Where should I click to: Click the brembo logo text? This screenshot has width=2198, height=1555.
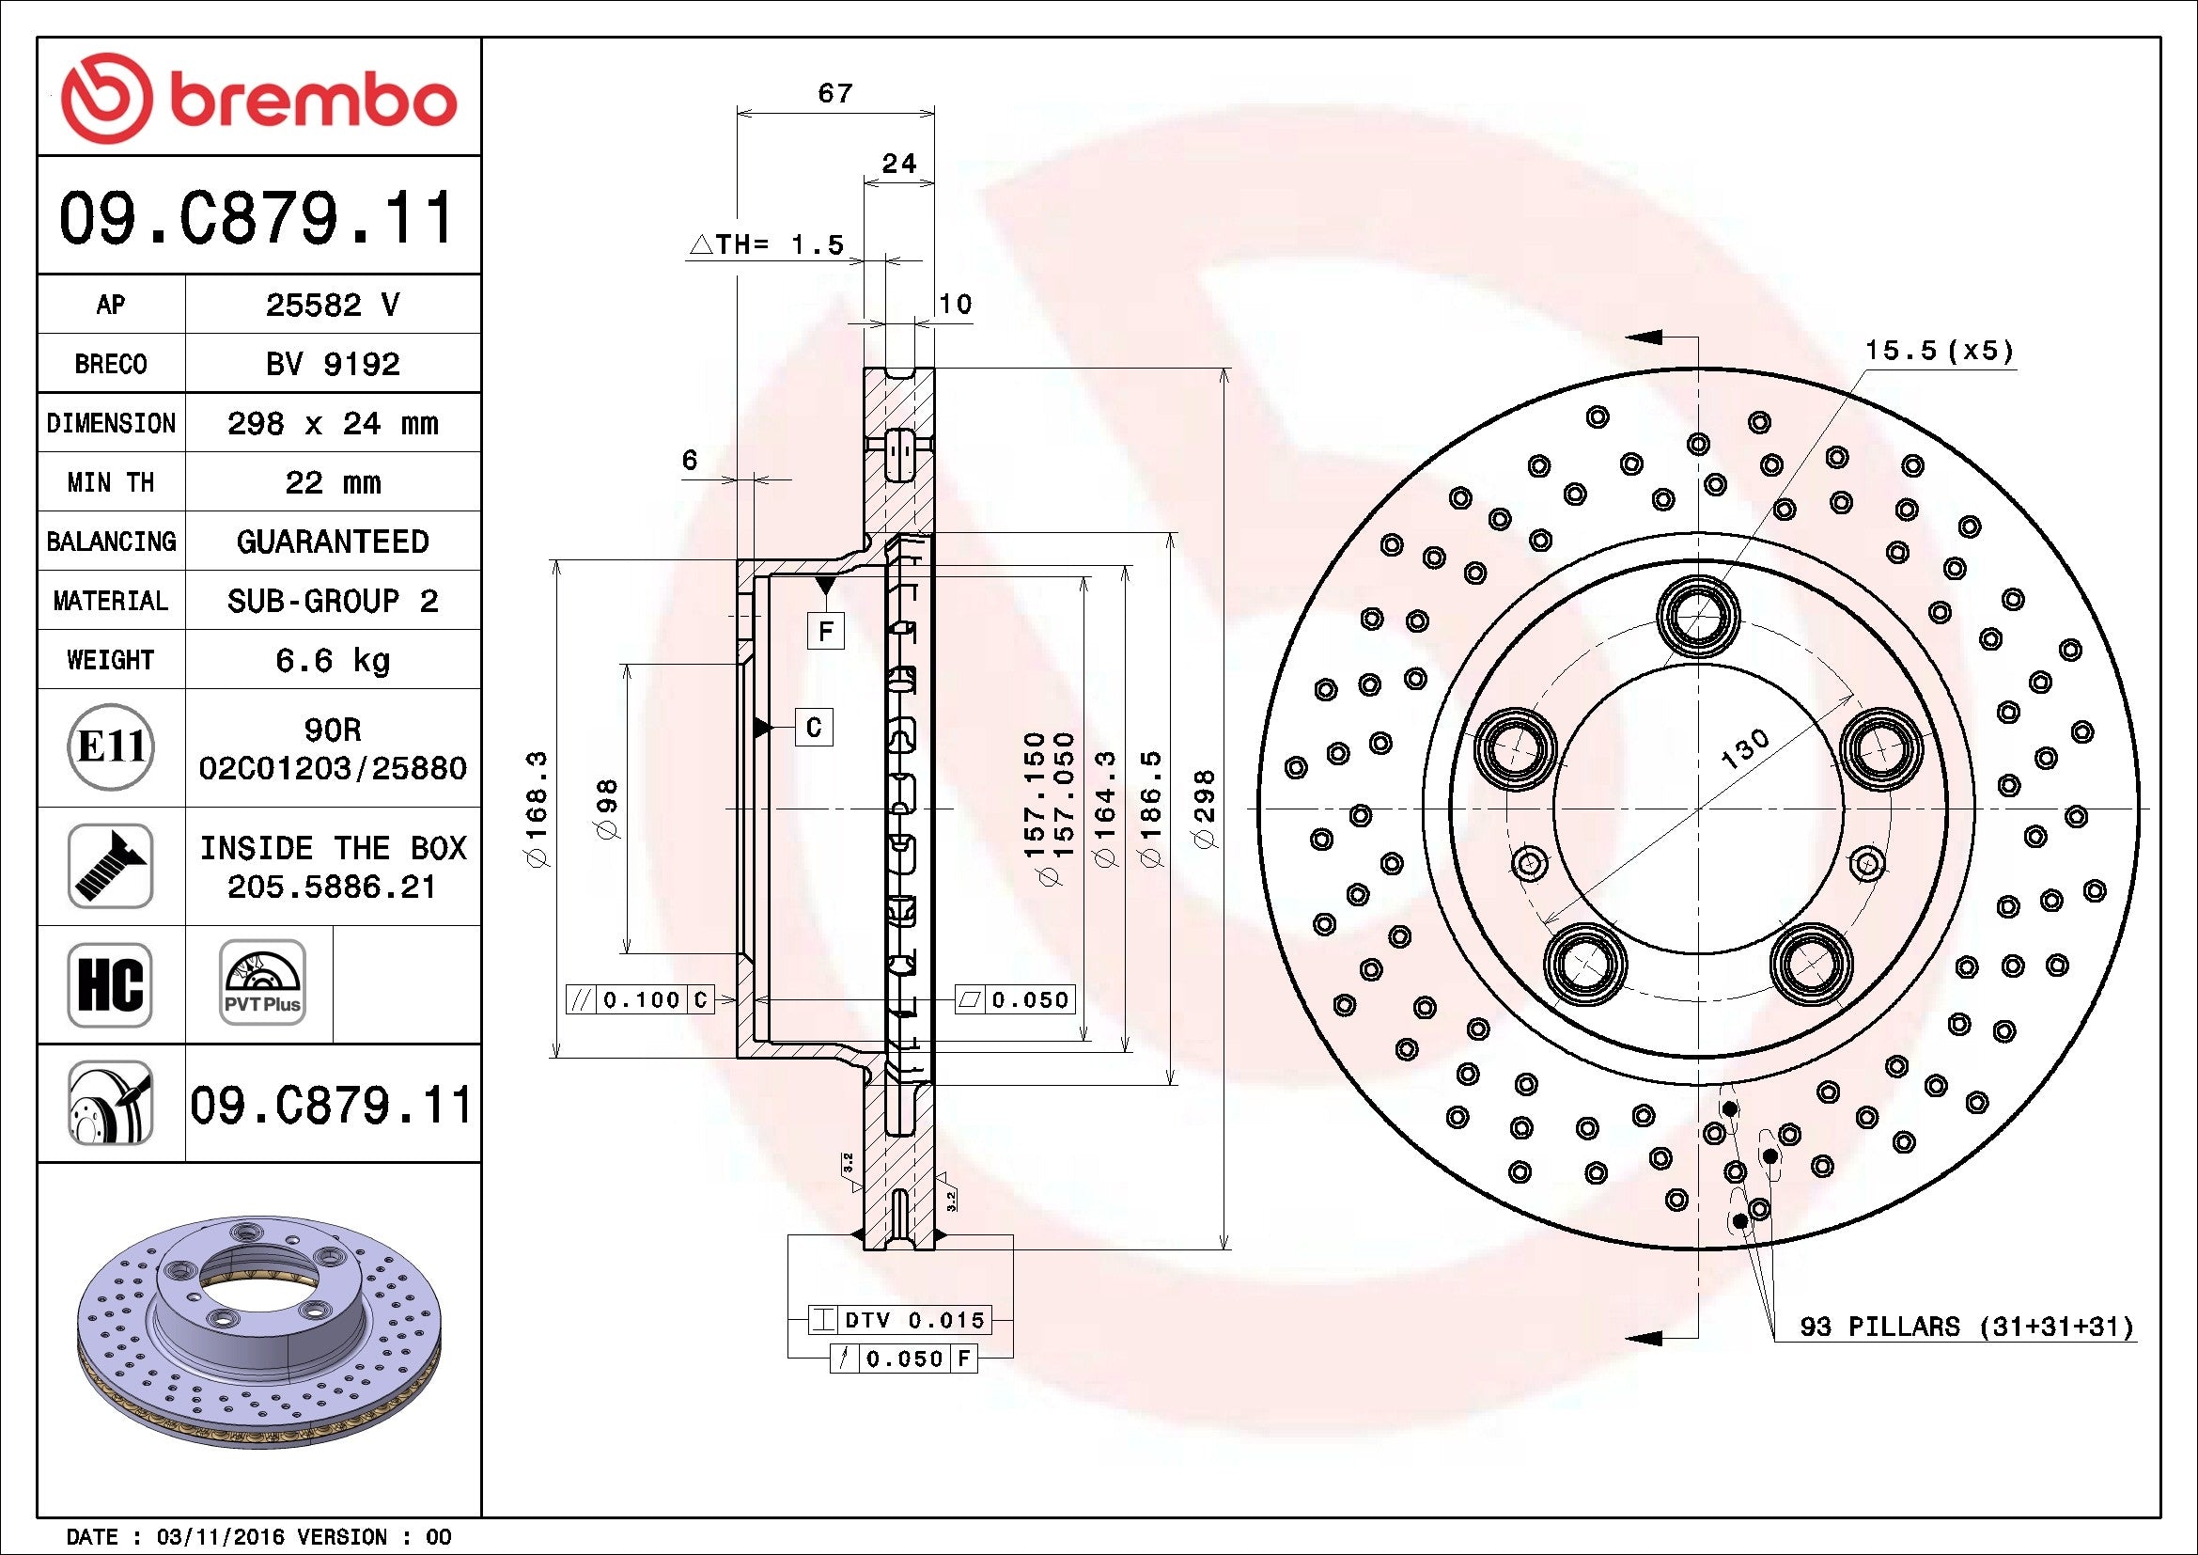point(312,100)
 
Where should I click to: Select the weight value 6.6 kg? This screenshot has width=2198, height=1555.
point(332,661)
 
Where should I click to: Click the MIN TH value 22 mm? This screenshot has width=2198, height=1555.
point(332,482)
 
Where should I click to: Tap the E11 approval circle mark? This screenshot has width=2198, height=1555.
point(110,746)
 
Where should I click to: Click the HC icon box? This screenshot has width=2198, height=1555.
point(110,984)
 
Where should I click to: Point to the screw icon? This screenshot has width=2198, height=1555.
point(110,866)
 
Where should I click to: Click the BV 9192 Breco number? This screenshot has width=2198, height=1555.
point(332,364)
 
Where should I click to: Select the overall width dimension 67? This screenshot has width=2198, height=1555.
point(834,93)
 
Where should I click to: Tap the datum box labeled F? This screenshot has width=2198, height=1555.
point(825,631)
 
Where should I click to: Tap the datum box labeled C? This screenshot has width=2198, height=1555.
point(814,728)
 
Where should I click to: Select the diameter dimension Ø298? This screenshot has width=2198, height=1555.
point(1206,809)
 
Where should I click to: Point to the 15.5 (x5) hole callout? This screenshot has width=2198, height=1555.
point(1939,351)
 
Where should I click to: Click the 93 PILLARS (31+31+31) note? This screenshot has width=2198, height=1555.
point(1966,1327)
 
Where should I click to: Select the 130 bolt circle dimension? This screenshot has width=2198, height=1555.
point(1744,749)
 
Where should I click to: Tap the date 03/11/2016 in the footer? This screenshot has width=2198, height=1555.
point(220,1537)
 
